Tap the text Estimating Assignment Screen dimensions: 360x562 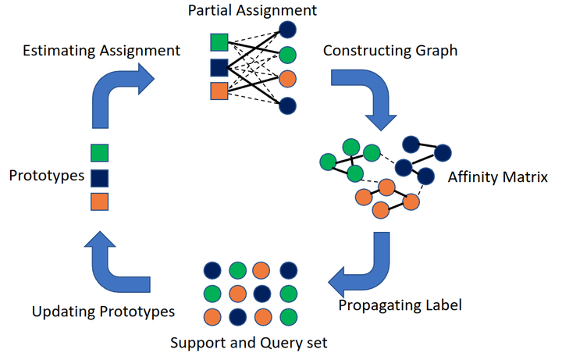pos(101,51)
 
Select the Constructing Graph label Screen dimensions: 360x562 pos(390,52)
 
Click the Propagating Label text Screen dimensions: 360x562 pos(400,305)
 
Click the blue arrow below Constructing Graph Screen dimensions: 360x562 pos(367,98)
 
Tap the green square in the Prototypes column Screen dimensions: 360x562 pos(99,153)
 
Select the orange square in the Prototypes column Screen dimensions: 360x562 pos(99,201)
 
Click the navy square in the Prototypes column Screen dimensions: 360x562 pos(99,177)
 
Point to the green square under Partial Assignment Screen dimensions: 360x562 pos(219,43)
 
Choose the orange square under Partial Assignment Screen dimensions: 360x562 pos(219,91)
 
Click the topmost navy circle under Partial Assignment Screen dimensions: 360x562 pos(287,30)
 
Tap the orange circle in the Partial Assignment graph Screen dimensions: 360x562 pos(287,80)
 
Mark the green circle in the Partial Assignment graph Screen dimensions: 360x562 pos(287,55)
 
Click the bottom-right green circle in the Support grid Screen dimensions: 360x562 pos(288,319)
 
